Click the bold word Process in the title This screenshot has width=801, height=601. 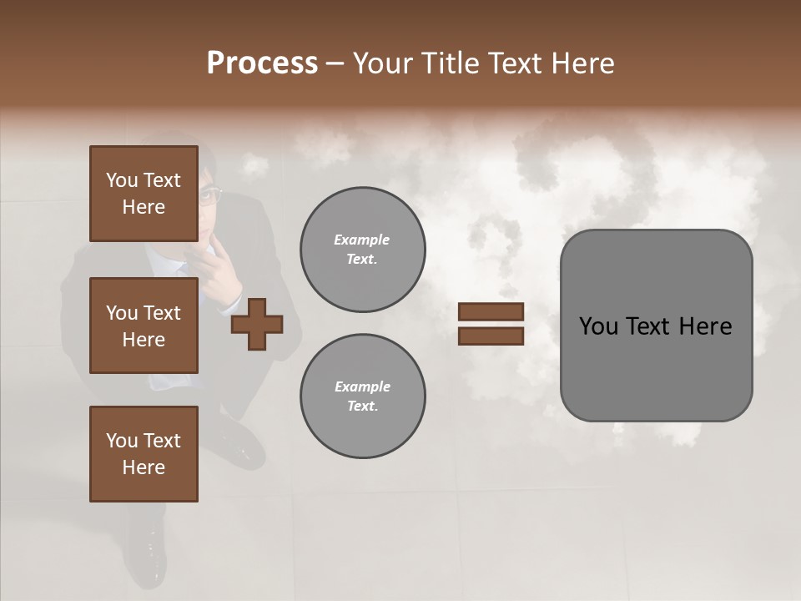point(262,63)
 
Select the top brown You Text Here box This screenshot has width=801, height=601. point(144,194)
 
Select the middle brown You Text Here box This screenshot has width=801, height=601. point(144,326)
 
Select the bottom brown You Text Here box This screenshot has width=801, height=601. point(144,453)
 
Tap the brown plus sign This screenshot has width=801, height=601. point(257,323)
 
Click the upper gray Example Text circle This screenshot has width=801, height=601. point(362,249)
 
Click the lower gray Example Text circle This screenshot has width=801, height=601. point(362,396)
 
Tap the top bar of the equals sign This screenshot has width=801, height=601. point(491,311)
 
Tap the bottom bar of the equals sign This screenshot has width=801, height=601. point(491,336)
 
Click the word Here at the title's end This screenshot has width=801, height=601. point(585,63)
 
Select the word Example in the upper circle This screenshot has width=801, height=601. point(362,240)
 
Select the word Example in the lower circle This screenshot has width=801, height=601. point(362,386)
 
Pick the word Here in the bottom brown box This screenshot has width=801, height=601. point(144,467)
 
